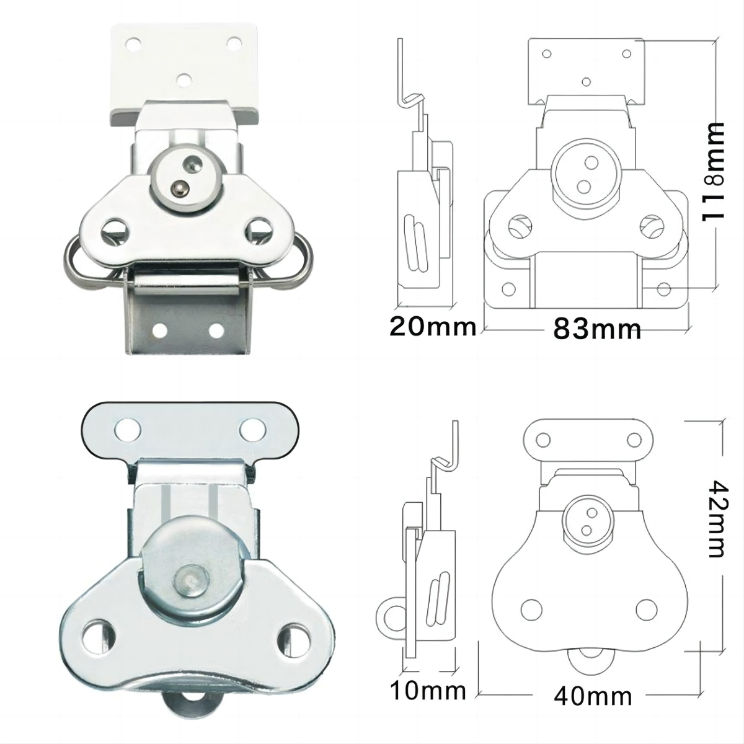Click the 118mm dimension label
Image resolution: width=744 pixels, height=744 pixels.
(713, 172)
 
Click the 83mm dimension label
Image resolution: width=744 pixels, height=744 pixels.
(597, 329)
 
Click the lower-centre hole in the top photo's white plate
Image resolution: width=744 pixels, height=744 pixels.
(184, 80)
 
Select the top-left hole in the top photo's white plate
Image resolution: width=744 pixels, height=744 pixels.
(133, 44)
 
